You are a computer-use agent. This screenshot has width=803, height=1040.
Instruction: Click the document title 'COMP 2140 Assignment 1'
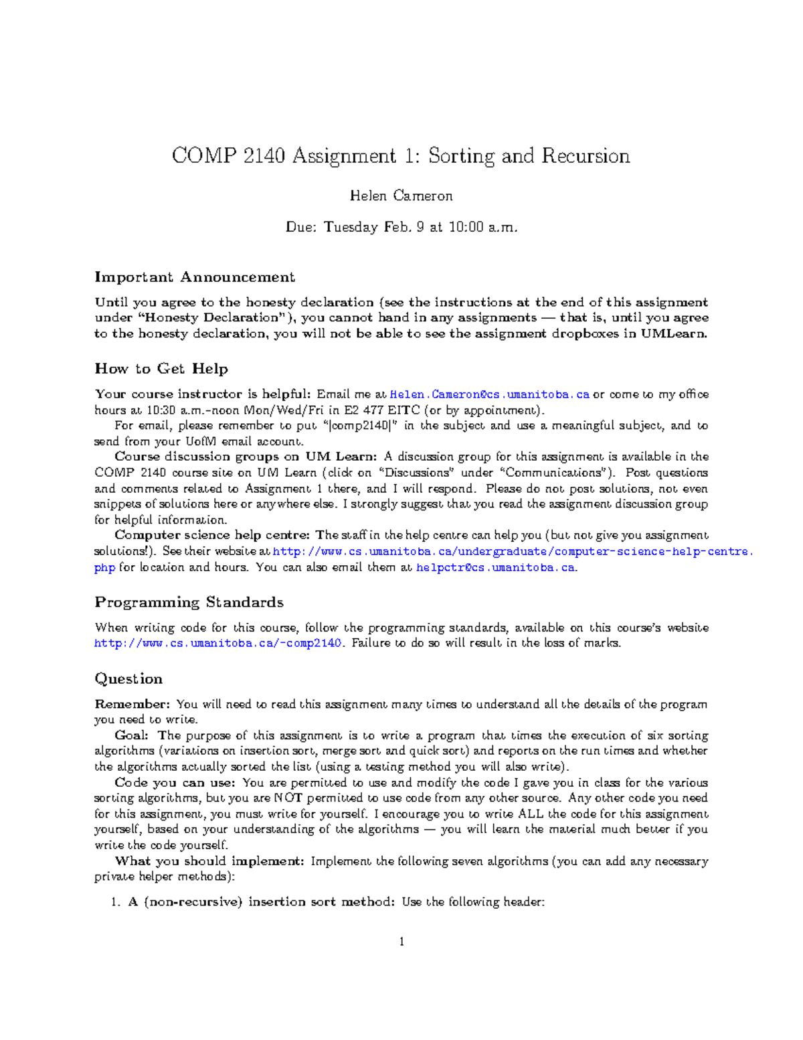click(400, 156)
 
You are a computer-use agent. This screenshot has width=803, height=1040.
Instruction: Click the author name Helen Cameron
click(401, 196)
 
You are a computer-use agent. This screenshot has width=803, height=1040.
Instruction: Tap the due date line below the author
click(401, 227)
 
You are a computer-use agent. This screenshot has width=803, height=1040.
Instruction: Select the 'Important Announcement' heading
click(194, 277)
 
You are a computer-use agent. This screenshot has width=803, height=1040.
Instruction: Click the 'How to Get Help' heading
click(161, 369)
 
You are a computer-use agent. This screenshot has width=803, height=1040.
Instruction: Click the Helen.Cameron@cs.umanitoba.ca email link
click(489, 394)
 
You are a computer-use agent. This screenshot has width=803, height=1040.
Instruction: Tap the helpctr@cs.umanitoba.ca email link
click(495, 568)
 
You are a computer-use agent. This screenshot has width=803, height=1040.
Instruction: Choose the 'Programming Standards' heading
click(189, 603)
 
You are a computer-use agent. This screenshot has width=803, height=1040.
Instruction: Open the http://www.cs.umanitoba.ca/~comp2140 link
click(218, 644)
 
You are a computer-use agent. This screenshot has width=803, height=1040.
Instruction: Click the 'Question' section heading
click(128, 679)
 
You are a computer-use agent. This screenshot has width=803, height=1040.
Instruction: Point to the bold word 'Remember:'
click(132, 704)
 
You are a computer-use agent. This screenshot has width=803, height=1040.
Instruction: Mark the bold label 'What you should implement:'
click(209, 861)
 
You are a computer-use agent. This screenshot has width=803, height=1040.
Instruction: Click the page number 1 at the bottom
click(401, 942)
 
